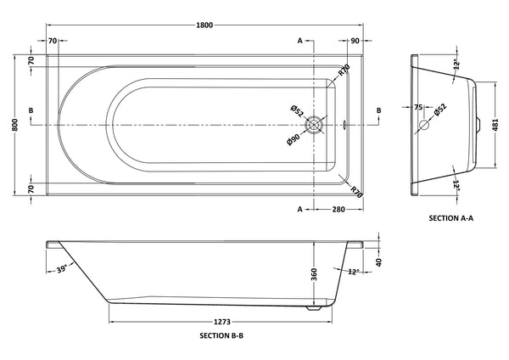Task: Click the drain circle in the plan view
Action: click(x=316, y=125)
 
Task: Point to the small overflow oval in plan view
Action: click(x=346, y=126)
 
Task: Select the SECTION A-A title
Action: click(x=450, y=218)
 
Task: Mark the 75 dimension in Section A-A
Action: click(x=418, y=108)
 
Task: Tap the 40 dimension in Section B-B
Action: click(x=378, y=262)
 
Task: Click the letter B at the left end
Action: click(x=31, y=110)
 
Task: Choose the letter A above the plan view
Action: click(x=299, y=41)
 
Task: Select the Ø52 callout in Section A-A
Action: click(x=439, y=110)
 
